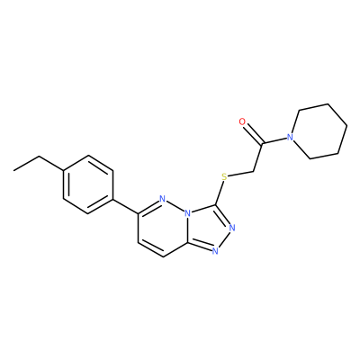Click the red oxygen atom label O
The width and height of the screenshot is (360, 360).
pos(242,121)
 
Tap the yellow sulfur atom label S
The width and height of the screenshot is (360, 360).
pos(224,176)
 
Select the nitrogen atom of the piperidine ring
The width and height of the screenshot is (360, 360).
pos(290,137)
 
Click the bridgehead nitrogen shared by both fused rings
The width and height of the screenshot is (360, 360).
pos(188,213)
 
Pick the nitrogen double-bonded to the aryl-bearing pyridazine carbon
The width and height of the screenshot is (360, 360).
pos(163,199)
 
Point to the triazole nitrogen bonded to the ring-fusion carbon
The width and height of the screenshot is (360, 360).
pos(215,251)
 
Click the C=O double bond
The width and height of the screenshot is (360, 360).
pos(253,133)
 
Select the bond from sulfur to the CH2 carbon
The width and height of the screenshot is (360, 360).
pos(241,175)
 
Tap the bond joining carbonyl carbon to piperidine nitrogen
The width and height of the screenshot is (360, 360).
pos(274,140)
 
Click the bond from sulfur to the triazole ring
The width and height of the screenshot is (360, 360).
pos(220,193)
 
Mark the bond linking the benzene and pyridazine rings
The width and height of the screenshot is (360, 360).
pos(125,206)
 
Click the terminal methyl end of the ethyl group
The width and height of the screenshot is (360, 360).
pos(13,171)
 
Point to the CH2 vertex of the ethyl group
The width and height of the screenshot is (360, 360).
pos(39,156)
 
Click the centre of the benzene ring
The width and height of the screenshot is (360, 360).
pos(88,184)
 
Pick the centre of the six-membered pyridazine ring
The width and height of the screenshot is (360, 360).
pos(163,228)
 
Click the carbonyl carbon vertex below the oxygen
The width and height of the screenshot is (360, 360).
pos(262,143)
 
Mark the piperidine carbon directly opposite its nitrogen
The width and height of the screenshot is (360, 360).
pos(347,125)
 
